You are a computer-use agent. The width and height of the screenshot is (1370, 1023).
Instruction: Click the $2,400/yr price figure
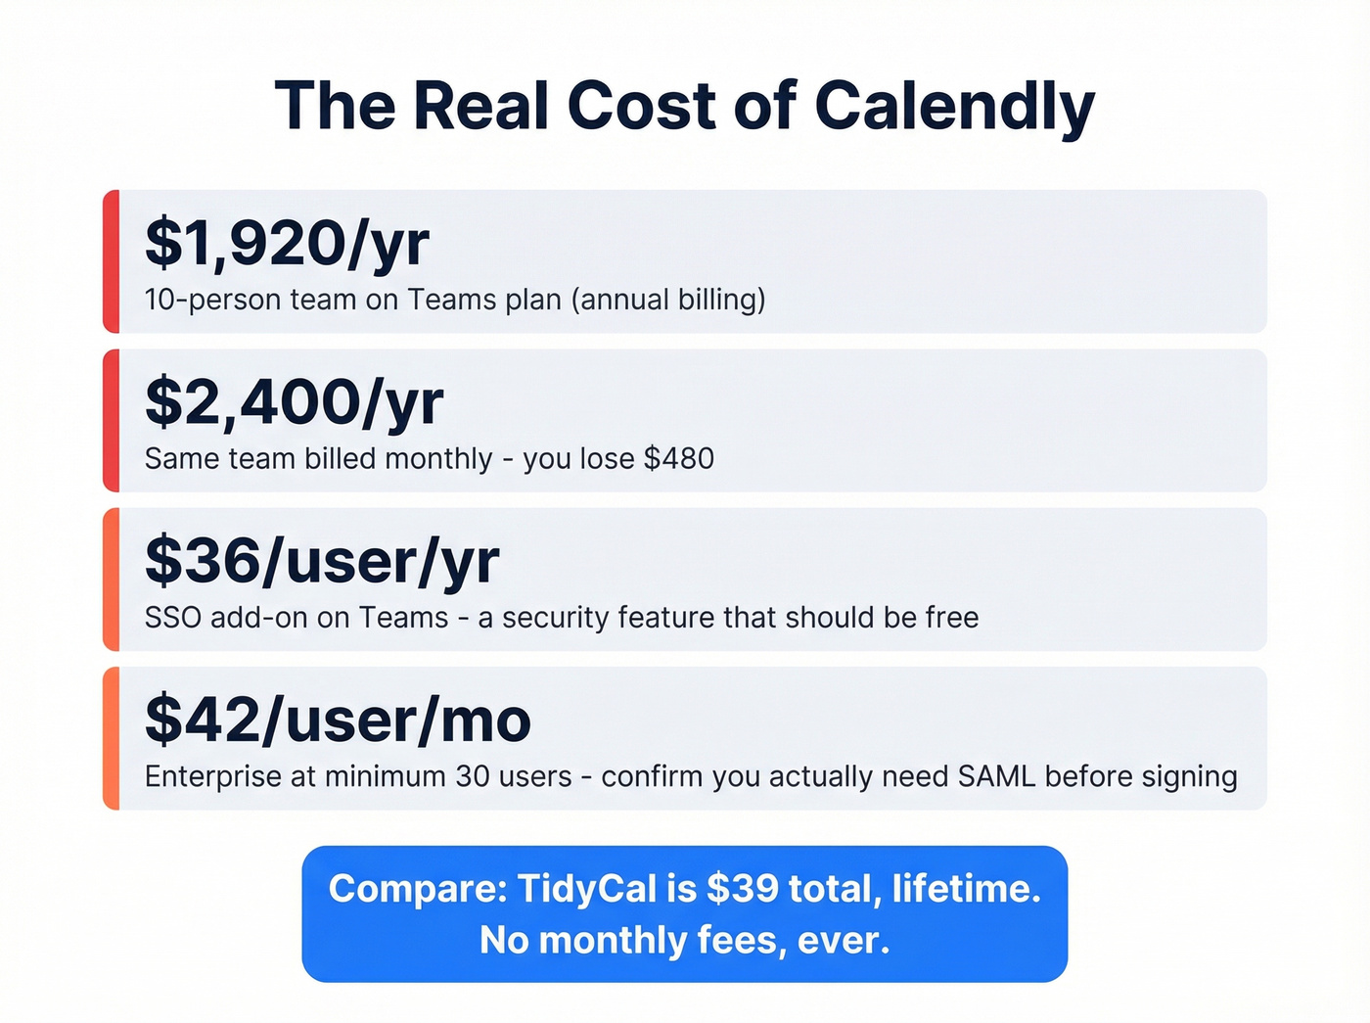[294, 402]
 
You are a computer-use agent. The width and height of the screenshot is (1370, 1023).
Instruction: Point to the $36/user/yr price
[322, 561]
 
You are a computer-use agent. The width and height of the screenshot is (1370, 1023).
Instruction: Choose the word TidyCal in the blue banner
[586, 889]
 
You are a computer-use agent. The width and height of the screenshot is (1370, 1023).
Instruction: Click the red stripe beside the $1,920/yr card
[111, 261]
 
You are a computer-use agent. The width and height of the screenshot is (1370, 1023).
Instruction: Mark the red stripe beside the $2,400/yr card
[111, 420]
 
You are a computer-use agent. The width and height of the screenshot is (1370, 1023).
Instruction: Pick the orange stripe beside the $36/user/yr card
[111, 579]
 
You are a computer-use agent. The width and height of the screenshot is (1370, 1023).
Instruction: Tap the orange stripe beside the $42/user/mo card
[111, 738]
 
